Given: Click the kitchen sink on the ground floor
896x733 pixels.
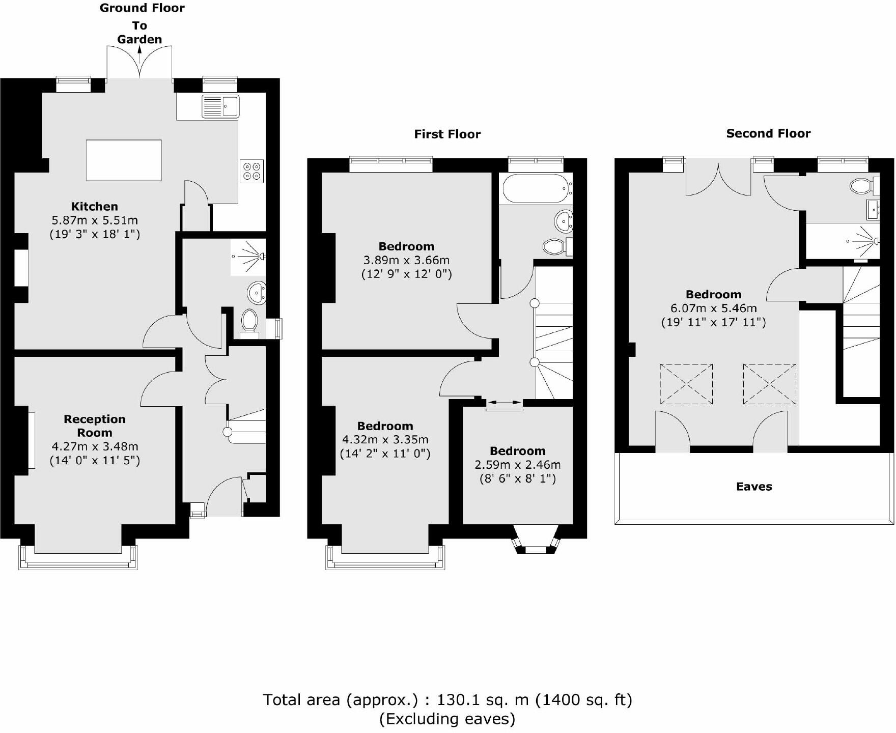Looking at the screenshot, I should [220, 106].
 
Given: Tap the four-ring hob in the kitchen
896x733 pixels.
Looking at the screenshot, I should [252, 171].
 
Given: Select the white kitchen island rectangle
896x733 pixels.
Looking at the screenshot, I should [124, 160].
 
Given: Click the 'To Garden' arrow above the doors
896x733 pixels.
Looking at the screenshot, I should [139, 53].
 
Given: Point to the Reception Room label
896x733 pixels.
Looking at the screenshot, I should [95, 426].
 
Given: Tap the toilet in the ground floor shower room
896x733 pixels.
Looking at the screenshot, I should [249, 320].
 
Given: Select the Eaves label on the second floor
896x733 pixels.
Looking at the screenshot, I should [754, 487].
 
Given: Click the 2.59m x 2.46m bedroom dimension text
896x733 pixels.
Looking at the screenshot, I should [518, 465].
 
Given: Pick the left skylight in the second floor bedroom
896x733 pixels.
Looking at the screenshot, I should [686, 384].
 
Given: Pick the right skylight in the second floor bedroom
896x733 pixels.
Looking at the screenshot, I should [769, 384].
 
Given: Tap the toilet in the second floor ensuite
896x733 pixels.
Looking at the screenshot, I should [861, 186].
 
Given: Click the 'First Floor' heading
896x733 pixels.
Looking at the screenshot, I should [447, 134].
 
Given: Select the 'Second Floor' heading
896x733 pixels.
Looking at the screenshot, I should [768, 133].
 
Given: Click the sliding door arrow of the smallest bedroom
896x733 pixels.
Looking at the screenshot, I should [504, 403].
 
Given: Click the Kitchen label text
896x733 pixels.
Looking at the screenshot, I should [95, 207].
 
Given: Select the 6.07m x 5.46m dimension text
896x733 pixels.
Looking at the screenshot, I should [714, 308].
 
